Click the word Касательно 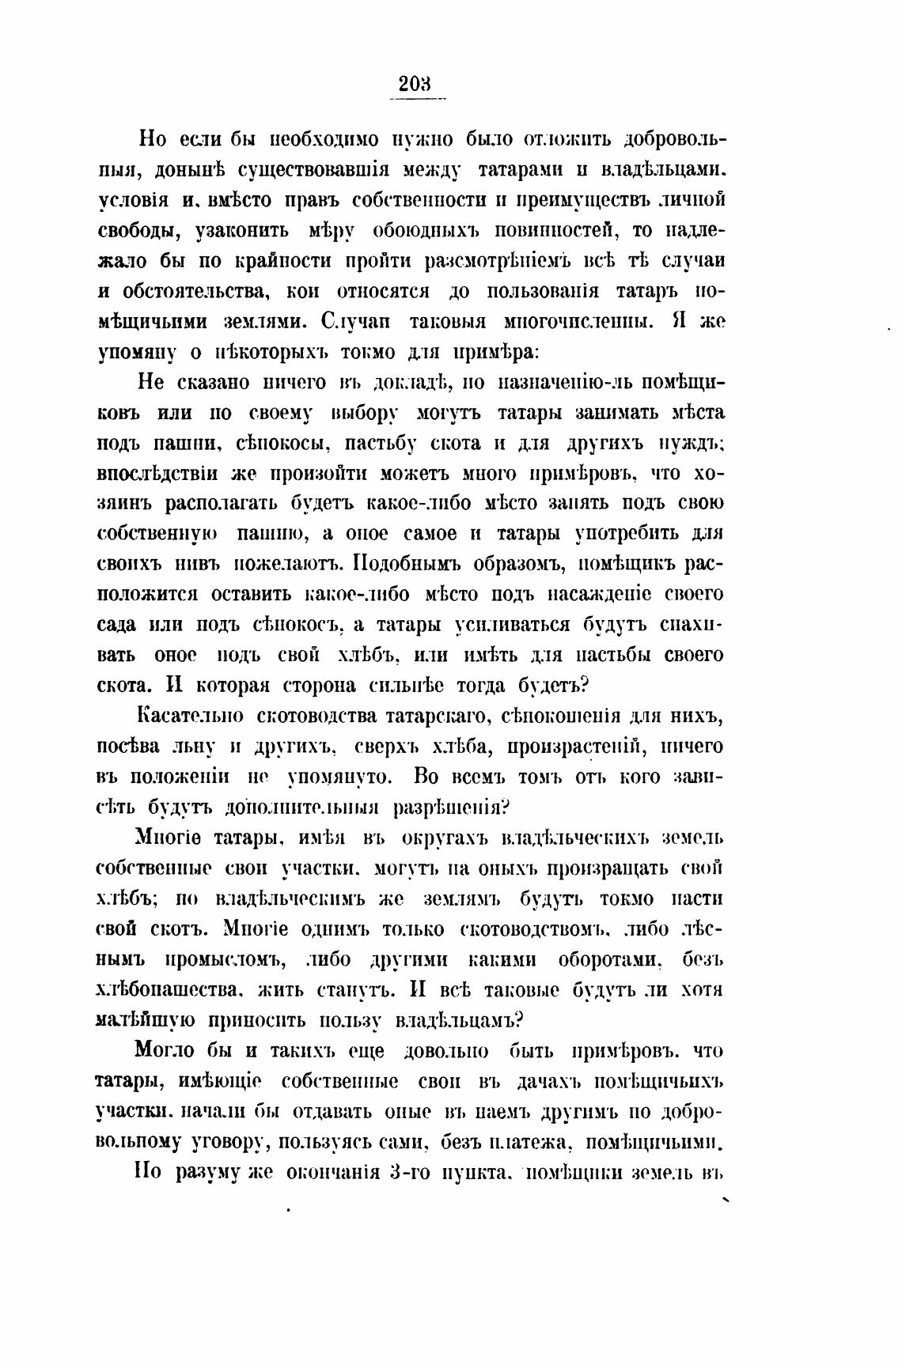pos(190,717)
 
